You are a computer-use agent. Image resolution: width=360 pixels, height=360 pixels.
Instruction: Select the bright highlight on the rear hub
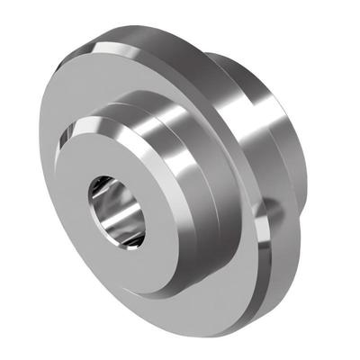pos(252,90)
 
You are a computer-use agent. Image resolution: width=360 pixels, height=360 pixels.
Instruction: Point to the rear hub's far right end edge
pos(306,153)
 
